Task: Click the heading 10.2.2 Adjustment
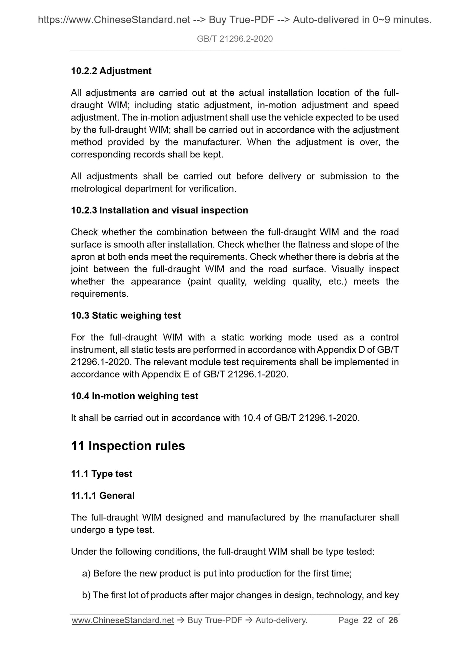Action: click(111, 71)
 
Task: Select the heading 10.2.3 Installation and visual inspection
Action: click(159, 210)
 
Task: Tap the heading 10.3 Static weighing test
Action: click(126, 315)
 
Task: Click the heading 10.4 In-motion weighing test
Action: click(134, 396)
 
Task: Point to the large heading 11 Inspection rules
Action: click(128, 446)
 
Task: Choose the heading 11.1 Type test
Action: click(101, 474)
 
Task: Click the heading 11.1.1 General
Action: click(102, 495)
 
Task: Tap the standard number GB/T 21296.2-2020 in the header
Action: click(235, 39)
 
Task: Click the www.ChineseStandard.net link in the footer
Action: click(123, 620)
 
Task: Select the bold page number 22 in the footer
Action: click(368, 620)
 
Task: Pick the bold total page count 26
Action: click(393, 620)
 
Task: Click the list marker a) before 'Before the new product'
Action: click(86, 573)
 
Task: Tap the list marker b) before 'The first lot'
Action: click(86, 595)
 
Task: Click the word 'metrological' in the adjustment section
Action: click(96, 188)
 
